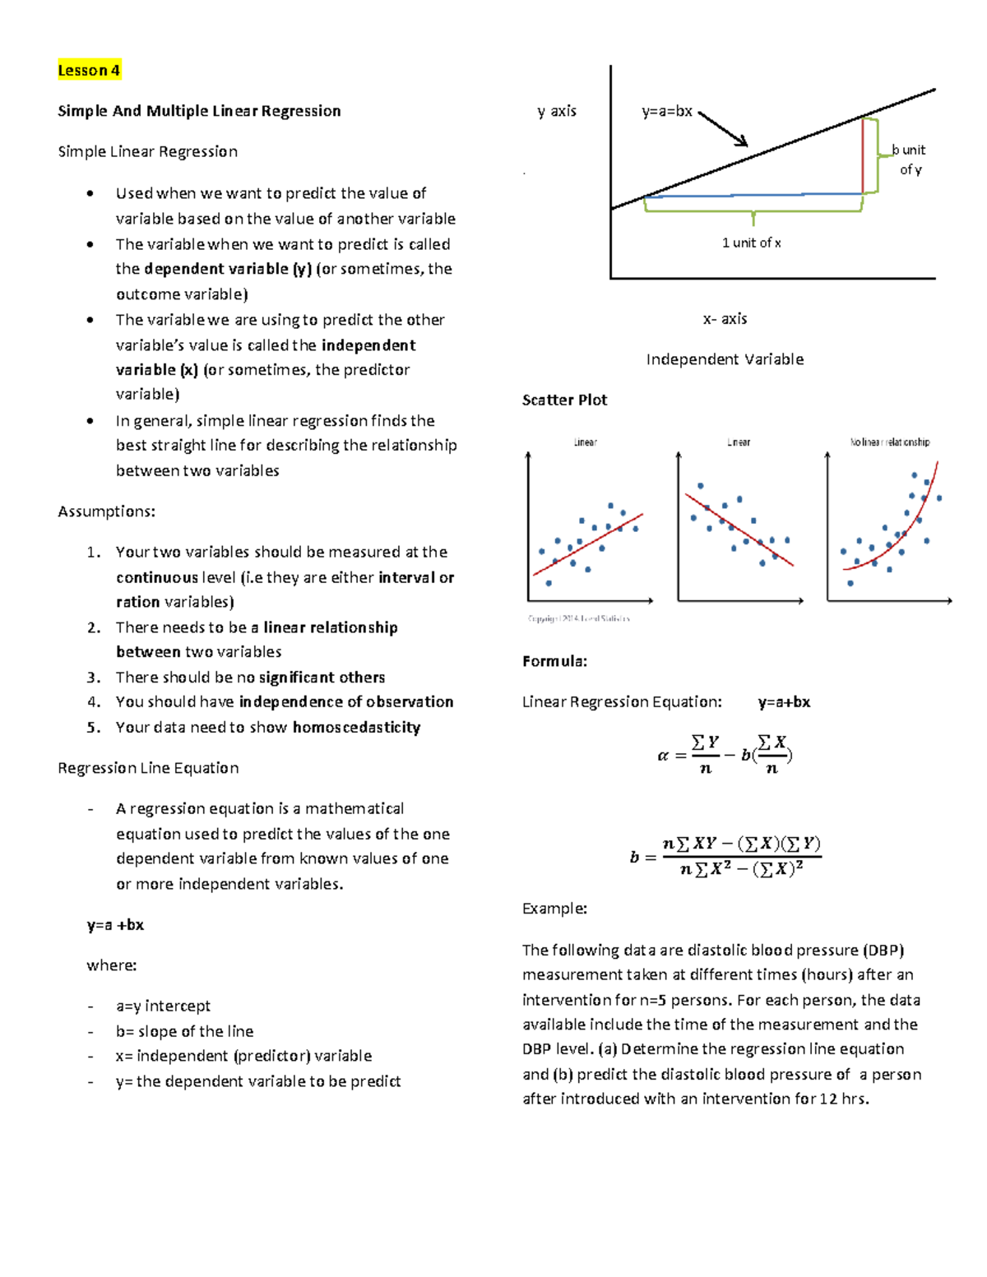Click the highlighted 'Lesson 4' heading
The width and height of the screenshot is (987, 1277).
click(89, 70)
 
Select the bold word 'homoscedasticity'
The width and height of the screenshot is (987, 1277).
click(356, 727)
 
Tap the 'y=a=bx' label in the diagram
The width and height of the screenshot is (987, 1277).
click(667, 111)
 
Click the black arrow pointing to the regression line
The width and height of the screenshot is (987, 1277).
click(723, 129)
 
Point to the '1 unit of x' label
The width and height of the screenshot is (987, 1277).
click(751, 243)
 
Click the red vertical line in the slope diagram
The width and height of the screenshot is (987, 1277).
click(863, 156)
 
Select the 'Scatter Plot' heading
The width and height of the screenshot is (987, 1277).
click(564, 400)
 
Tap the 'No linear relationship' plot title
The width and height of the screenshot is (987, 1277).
click(889, 442)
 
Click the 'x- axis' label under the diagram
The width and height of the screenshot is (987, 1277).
click(725, 318)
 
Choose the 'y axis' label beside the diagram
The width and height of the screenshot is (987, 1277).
click(557, 111)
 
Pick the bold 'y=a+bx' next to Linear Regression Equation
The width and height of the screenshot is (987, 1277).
click(784, 702)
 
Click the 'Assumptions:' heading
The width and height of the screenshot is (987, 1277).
click(106, 511)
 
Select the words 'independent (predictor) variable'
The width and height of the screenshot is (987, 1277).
click(254, 1056)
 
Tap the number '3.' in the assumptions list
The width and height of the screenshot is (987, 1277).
click(94, 678)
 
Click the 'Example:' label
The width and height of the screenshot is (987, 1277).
click(554, 909)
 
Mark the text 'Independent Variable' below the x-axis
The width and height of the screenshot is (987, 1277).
click(725, 359)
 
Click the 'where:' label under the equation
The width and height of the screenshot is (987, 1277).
click(111, 965)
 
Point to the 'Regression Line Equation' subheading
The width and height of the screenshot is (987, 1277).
click(148, 768)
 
